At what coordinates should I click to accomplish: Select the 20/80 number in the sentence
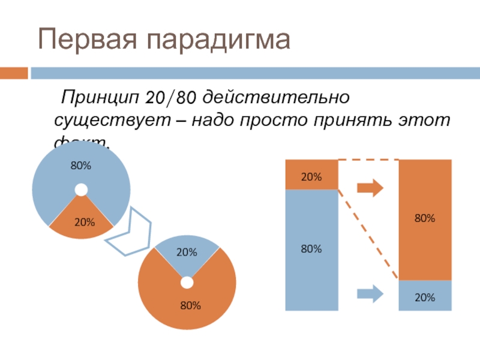pyautogui.click(x=170, y=96)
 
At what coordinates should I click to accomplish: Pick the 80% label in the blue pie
pyautogui.click(x=80, y=165)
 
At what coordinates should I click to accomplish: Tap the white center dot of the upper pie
pyautogui.click(x=81, y=190)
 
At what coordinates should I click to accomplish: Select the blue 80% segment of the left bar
pyautogui.click(x=312, y=249)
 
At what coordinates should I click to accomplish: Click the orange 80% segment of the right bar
pyautogui.click(x=425, y=220)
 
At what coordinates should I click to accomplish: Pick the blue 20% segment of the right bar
pyautogui.click(x=425, y=296)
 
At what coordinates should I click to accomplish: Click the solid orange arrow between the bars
pyautogui.click(x=370, y=188)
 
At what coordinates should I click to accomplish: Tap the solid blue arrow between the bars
pyautogui.click(x=370, y=294)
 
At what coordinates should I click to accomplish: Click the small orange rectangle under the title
pyautogui.click(x=13, y=73)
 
